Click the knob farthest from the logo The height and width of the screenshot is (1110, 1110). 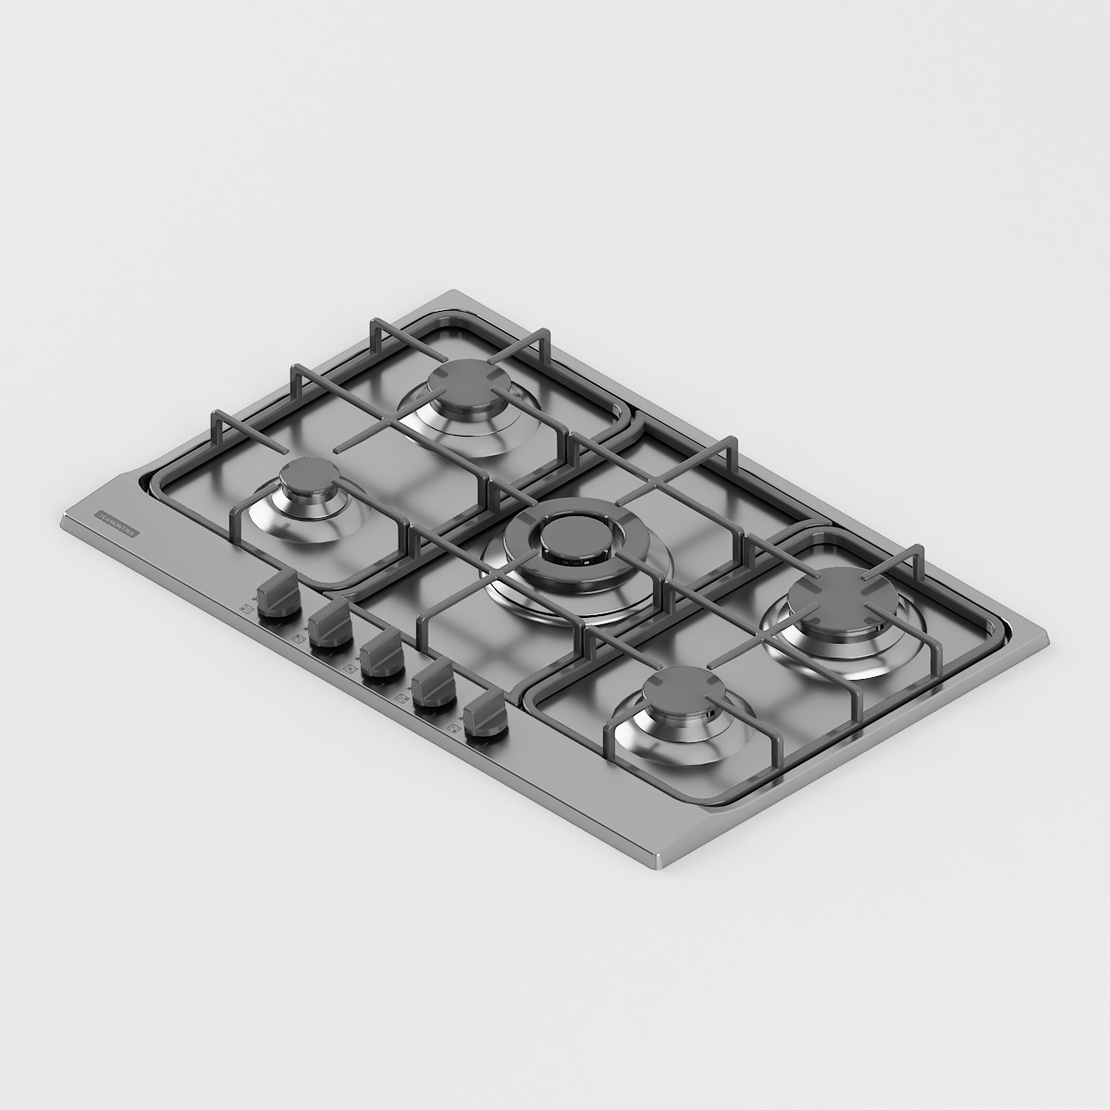click(486, 719)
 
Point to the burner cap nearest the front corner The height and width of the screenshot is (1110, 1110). click(685, 690)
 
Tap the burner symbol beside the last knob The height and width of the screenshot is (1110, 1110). click(454, 731)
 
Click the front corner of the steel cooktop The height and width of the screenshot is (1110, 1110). click(659, 860)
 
